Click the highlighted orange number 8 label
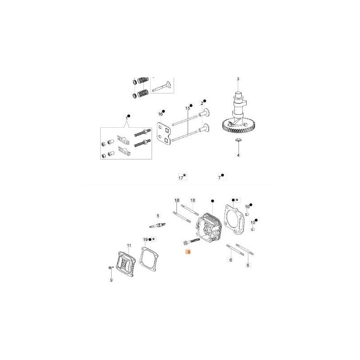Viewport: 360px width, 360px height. pos(189,252)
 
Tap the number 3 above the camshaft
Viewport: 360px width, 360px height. pos(238,79)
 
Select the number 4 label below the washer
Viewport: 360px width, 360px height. pos(238,155)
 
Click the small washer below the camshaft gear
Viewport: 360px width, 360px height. pos(238,139)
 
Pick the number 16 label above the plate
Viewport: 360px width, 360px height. pos(160,114)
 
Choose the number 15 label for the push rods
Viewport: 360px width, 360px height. pos(188,108)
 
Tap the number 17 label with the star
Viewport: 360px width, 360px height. pos(181,178)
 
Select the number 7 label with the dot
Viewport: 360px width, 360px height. pos(220,177)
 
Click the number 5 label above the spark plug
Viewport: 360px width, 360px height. pos(158,216)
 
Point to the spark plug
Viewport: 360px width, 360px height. pos(157,225)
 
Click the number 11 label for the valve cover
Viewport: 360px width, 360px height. pos(129,246)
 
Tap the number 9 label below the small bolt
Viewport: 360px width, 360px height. pos(111,280)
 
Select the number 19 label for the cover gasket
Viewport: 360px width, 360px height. pos(145,240)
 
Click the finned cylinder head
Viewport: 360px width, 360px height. pos(208,228)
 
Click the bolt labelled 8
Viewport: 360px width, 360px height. pos(192,242)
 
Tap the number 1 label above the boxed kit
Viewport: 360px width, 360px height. pos(126,118)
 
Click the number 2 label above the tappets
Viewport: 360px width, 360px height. pos(202,103)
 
